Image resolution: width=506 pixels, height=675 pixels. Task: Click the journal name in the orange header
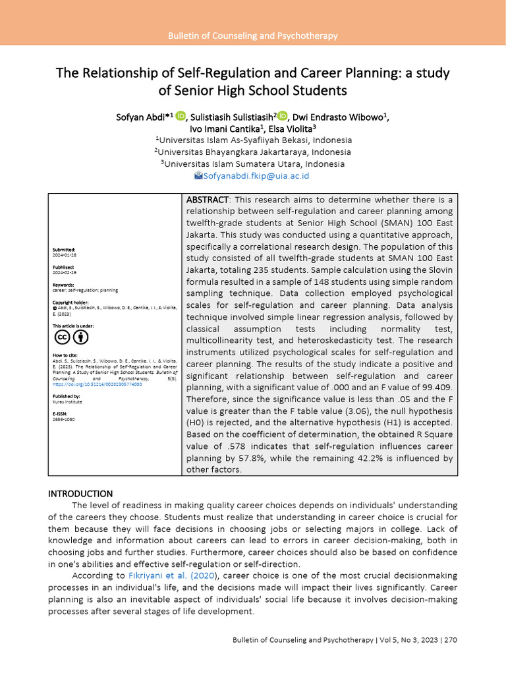253,36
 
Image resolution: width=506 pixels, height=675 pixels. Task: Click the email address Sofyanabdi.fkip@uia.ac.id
256,176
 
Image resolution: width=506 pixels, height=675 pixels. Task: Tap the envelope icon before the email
198,176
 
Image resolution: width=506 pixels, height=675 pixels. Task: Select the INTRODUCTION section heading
80,494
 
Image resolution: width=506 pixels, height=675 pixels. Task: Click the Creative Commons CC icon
62,337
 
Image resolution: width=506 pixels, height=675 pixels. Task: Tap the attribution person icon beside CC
80,337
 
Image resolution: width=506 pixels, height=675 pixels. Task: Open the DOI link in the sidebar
80,384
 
